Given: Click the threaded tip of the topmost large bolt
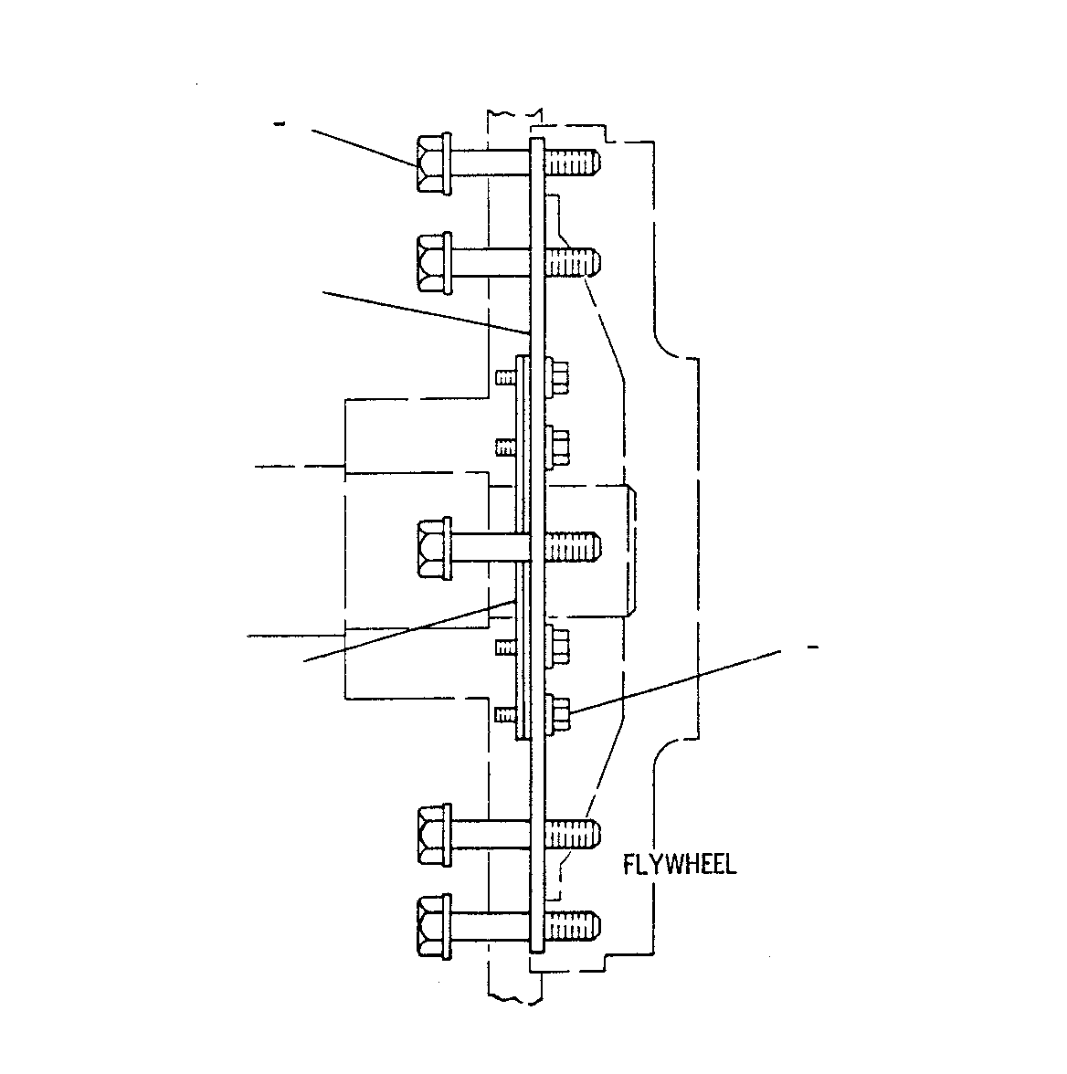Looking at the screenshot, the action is (573, 163).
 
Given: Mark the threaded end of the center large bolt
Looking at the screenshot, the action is (573, 547).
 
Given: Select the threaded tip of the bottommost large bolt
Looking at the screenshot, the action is (573, 925).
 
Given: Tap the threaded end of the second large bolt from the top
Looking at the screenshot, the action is (573, 263).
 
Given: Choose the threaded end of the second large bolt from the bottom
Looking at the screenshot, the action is (573, 834).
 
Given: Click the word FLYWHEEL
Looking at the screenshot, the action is (680, 864).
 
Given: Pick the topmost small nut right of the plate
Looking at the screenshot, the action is (558, 377).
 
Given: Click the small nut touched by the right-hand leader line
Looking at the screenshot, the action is (558, 713).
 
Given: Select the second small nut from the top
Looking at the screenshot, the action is (558, 447).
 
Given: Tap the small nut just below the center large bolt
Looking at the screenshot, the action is (558, 645).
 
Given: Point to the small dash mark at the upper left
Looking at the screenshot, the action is (279, 124).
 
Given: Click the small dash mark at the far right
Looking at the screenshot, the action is (813, 647).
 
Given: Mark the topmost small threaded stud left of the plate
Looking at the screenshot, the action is (506, 376).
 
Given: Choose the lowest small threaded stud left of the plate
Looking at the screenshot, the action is (506, 714).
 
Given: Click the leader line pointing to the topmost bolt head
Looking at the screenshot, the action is (364, 147).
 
